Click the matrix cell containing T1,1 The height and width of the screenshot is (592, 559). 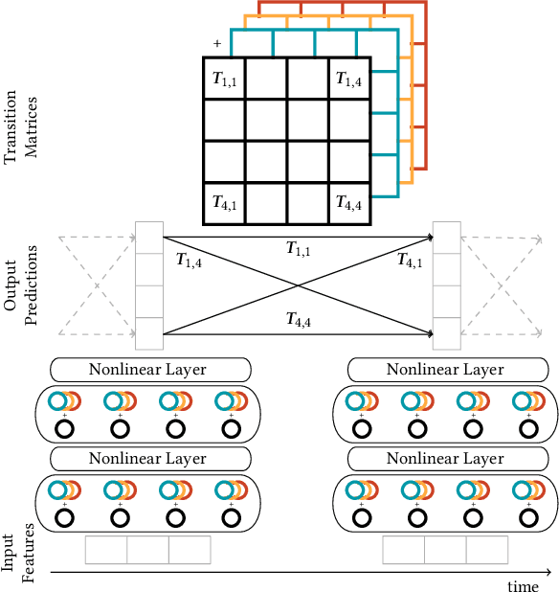[x=225, y=80]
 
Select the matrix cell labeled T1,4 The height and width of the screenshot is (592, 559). [x=349, y=80]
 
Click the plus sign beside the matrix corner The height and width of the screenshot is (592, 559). [x=217, y=44]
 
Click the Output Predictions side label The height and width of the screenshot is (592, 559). [x=25, y=285]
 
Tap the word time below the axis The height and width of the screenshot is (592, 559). [x=523, y=584]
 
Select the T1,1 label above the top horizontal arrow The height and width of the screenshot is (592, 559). [x=298, y=248]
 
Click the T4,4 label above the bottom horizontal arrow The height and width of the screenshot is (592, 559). [x=298, y=319]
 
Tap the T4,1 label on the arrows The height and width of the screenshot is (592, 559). [x=411, y=260]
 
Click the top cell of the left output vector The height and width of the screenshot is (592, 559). [x=149, y=238]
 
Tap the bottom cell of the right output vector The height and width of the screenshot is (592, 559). [x=447, y=333]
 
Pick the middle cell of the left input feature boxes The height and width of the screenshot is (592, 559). [x=148, y=550]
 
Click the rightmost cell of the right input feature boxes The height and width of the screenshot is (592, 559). [x=487, y=550]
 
